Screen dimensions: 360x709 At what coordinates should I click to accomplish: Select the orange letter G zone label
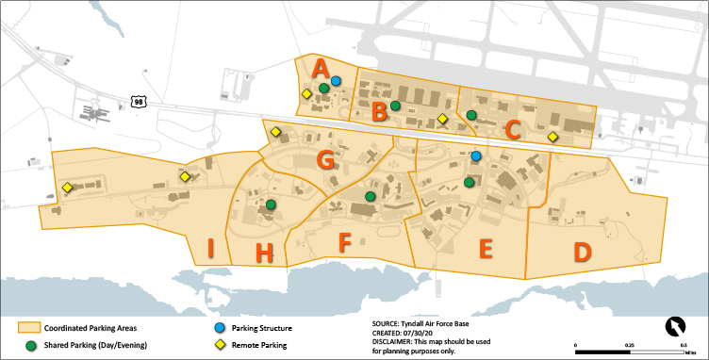pos(325,159)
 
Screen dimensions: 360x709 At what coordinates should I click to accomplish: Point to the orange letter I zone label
pos(210,250)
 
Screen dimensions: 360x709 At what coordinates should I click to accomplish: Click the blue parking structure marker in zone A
pos(336,81)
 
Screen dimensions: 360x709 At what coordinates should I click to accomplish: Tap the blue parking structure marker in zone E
pos(476,155)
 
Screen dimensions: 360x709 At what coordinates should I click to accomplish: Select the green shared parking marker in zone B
pos(396,106)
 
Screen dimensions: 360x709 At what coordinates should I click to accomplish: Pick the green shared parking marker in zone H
pos(271,205)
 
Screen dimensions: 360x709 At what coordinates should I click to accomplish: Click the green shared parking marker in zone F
pos(371,196)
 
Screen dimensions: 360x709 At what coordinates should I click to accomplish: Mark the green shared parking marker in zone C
pos(470,115)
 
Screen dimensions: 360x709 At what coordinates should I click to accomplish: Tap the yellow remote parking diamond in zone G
pos(275,132)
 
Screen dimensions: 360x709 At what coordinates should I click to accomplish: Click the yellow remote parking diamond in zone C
pos(553,138)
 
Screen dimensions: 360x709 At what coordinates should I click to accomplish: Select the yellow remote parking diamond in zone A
pos(306,93)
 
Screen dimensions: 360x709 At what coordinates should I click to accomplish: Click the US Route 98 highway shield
pos(139,101)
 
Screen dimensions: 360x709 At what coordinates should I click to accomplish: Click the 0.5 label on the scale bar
pos(682,346)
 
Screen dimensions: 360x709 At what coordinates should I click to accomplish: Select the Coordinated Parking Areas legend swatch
pos(29,328)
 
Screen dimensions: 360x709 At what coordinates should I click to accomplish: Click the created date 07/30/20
pos(423,332)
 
